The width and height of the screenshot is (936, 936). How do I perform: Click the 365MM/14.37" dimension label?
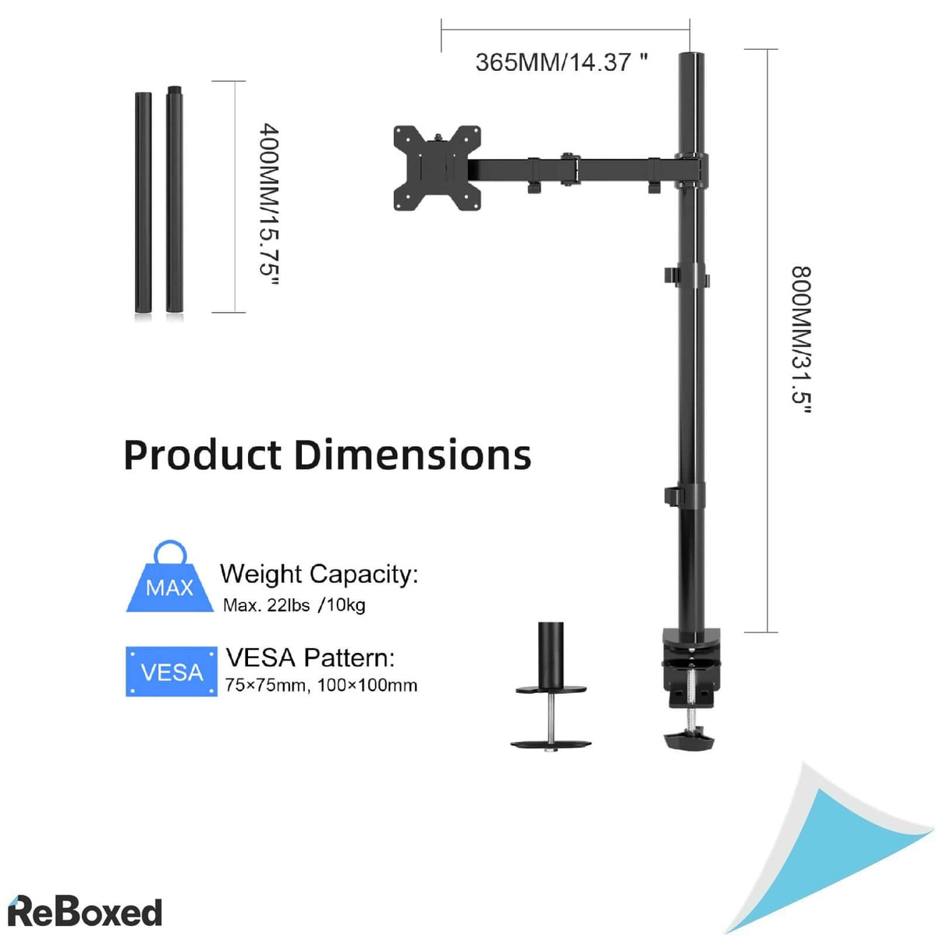pos(561,62)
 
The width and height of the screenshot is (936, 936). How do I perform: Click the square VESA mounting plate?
pos(436,168)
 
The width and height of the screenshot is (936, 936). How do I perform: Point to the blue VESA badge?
pos(172,671)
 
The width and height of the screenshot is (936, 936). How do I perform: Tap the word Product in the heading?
pos(202,455)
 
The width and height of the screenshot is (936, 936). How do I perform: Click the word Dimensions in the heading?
pos(413,455)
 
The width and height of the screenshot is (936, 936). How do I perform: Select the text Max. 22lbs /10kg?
pos(294,605)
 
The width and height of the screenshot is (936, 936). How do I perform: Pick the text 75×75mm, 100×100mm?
pos(321,686)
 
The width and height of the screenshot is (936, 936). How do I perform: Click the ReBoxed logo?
pos(84,912)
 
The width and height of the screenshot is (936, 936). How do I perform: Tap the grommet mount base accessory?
pos(551,686)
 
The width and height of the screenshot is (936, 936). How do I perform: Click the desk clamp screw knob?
pos(691,739)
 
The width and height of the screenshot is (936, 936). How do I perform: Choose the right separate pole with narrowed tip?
pos(173,201)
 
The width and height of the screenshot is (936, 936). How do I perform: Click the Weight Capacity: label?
pos(319,574)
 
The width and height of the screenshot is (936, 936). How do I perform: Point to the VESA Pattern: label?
pos(310,658)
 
